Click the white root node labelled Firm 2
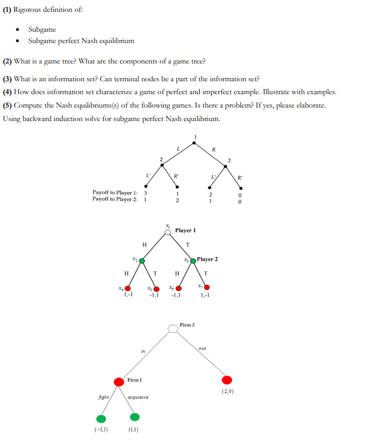(x=172, y=328)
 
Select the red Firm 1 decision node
(x=119, y=381)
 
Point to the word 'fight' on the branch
(x=104, y=397)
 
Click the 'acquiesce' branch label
(x=138, y=397)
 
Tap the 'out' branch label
(x=202, y=348)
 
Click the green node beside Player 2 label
(x=193, y=261)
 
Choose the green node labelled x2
(x=142, y=261)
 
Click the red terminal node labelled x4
(x=128, y=288)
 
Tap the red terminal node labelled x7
(x=207, y=288)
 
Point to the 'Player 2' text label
(x=207, y=259)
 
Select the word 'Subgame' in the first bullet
(x=42, y=30)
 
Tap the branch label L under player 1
(x=178, y=147)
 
